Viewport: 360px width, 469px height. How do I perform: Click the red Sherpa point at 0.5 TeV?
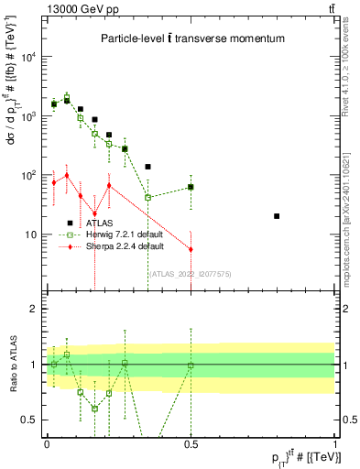click(191, 249)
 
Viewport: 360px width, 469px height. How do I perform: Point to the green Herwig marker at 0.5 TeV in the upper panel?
click(191, 187)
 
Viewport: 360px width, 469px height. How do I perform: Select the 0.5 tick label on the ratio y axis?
click(29, 420)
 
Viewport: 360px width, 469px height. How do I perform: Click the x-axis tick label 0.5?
click(191, 442)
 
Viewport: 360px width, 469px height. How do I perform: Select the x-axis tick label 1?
click(334, 442)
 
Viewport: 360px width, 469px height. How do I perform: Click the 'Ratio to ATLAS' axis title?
click(12, 365)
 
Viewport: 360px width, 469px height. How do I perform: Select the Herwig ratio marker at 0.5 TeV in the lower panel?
click(191, 365)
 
